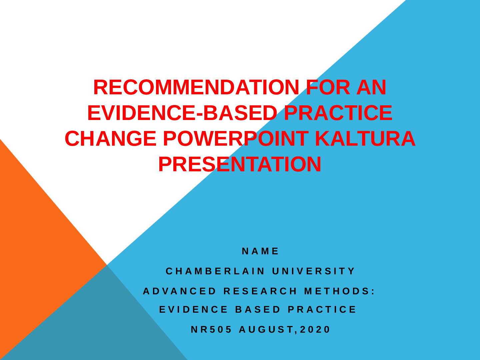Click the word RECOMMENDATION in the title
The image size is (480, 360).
coord(196,87)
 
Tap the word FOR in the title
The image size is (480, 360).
coord(328,87)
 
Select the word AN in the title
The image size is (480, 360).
coord(371,87)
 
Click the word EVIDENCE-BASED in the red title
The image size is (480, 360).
coord(182,113)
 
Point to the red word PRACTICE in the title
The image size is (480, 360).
coord(338,113)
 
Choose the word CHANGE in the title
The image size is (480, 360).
coord(110,139)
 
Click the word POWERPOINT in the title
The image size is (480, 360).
coord(236,139)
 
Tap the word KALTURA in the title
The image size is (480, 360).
coord(365,139)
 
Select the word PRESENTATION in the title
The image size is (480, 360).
coord(240,164)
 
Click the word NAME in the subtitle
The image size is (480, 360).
coord(260,251)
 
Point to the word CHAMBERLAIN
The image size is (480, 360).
coord(215,271)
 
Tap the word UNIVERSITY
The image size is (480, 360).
coord(314,271)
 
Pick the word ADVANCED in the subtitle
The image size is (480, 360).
coord(180,291)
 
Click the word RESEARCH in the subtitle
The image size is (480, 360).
coord(260,291)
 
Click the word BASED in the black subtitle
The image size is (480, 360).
coord(258,310)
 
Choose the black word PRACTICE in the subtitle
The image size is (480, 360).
coord(322,310)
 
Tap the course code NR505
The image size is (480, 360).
coord(211,330)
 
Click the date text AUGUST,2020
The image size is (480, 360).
coord(284,330)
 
